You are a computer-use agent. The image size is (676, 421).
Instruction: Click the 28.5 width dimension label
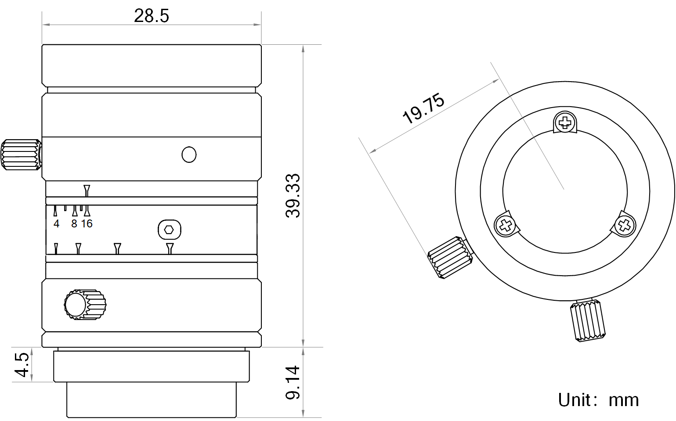tap(151, 16)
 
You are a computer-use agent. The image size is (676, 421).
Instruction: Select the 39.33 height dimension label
tap(293, 195)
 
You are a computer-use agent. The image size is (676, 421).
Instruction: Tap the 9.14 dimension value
tap(293, 382)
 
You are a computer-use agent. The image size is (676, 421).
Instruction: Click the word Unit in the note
tap(574, 400)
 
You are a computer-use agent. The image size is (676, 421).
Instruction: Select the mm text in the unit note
tap(623, 400)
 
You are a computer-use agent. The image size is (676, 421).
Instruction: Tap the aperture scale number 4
tap(56, 224)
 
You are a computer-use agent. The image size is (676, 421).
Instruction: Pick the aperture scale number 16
tap(87, 224)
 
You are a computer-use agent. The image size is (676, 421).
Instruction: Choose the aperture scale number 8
tap(74, 224)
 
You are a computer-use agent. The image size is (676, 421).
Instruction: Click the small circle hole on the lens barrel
tap(189, 155)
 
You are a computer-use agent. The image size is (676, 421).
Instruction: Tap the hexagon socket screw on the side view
tap(169, 230)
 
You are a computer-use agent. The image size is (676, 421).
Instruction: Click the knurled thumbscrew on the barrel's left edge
tap(21, 155)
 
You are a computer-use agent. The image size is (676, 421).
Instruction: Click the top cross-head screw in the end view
tap(565, 122)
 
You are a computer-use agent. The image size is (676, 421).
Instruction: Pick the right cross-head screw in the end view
tap(624, 226)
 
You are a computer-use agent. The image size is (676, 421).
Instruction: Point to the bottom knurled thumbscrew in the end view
tap(588, 321)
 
